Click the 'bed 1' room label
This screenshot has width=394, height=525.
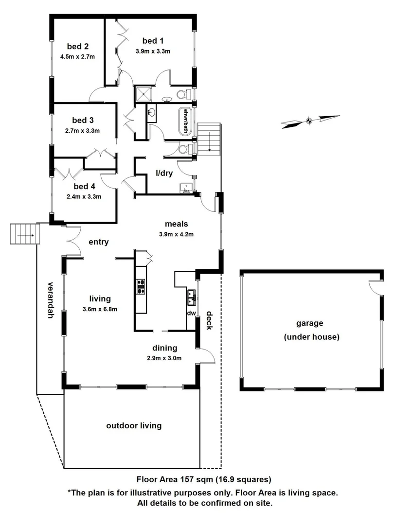153,41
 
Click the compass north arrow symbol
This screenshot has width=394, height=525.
310,120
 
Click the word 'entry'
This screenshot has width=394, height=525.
99,242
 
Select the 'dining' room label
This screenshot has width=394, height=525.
164,348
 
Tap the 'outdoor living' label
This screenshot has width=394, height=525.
134,426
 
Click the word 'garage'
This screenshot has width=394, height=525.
310,323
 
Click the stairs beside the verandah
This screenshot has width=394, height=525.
24,234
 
